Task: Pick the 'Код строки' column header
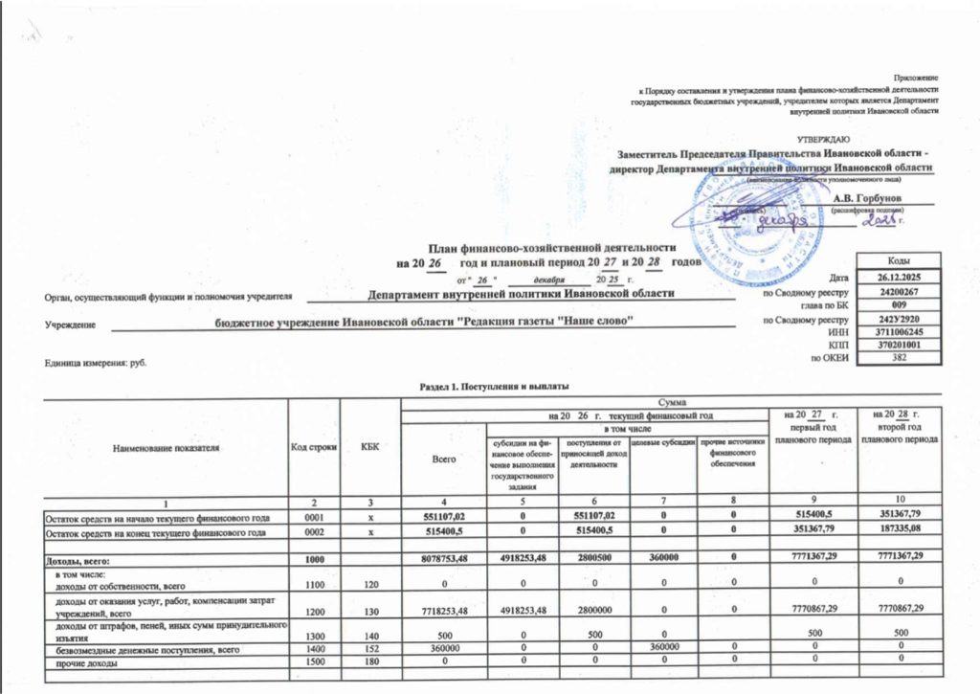tap(309, 447)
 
